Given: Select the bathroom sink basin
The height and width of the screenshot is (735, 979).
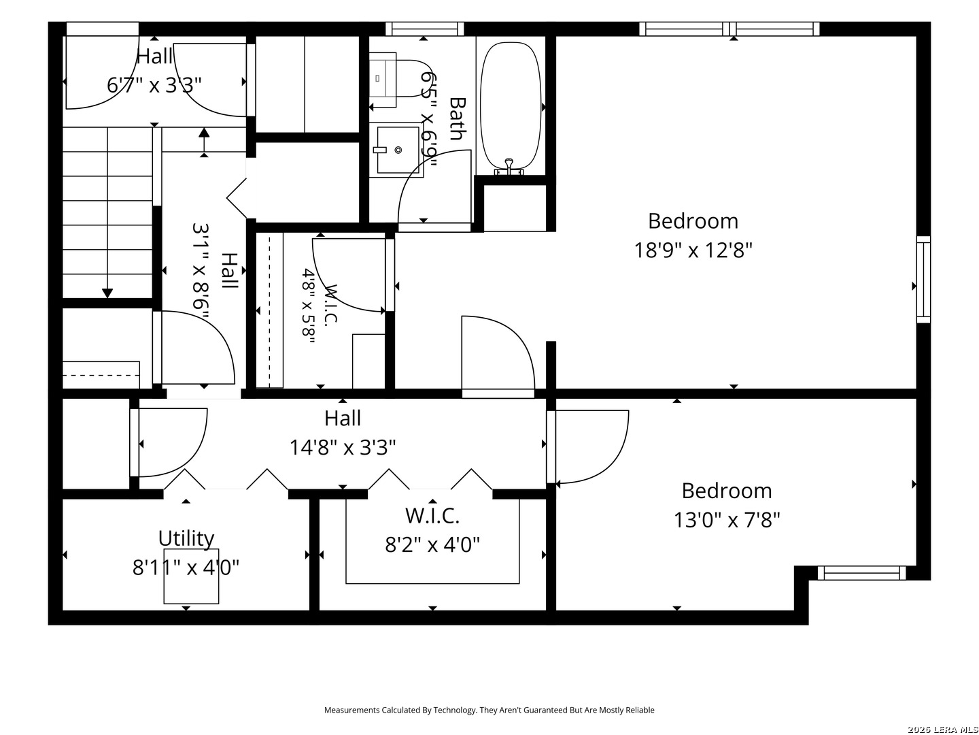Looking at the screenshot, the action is [398, 150].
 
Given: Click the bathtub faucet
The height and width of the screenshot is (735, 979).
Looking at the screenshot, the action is [509, 167].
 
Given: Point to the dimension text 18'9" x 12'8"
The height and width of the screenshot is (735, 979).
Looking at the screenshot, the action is [693, 250].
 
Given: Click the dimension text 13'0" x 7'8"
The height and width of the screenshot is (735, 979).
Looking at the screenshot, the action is [727, 520].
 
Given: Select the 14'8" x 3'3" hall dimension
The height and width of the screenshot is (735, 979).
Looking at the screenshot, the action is [343, 447].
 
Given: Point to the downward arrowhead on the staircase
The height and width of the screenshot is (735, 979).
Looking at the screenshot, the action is [107, 293].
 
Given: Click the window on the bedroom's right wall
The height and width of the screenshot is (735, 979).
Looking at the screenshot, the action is [923, 279].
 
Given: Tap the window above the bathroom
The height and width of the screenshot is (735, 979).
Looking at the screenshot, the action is [425, 29].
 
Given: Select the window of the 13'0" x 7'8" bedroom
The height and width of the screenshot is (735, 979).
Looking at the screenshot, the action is [861, 572].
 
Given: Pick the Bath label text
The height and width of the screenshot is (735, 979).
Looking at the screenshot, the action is [458, 118].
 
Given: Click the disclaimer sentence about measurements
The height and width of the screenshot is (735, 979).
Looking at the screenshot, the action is [489, 710].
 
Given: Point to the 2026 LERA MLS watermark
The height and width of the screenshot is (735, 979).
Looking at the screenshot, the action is [943, 730].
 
